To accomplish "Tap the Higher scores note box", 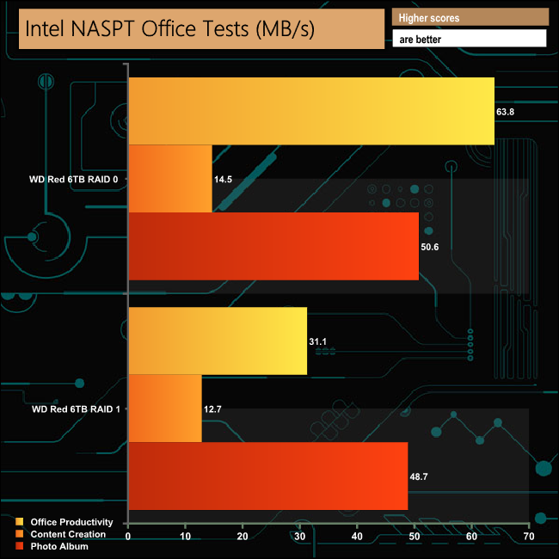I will point(470,17).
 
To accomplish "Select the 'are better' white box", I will point(470,39).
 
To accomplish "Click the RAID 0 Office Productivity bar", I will point(310,110).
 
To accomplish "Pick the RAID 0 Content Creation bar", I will point(170,178).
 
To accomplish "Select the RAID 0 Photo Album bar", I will point(273,246).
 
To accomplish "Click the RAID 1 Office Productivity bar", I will point(218,341).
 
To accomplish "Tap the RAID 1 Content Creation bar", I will point(165,408).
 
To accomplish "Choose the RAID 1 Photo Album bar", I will point(268,476).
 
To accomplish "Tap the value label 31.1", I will point(318,341).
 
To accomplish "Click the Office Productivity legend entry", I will point(71,522).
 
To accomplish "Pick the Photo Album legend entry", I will point(58,546).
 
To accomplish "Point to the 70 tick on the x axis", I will point(528,537).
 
